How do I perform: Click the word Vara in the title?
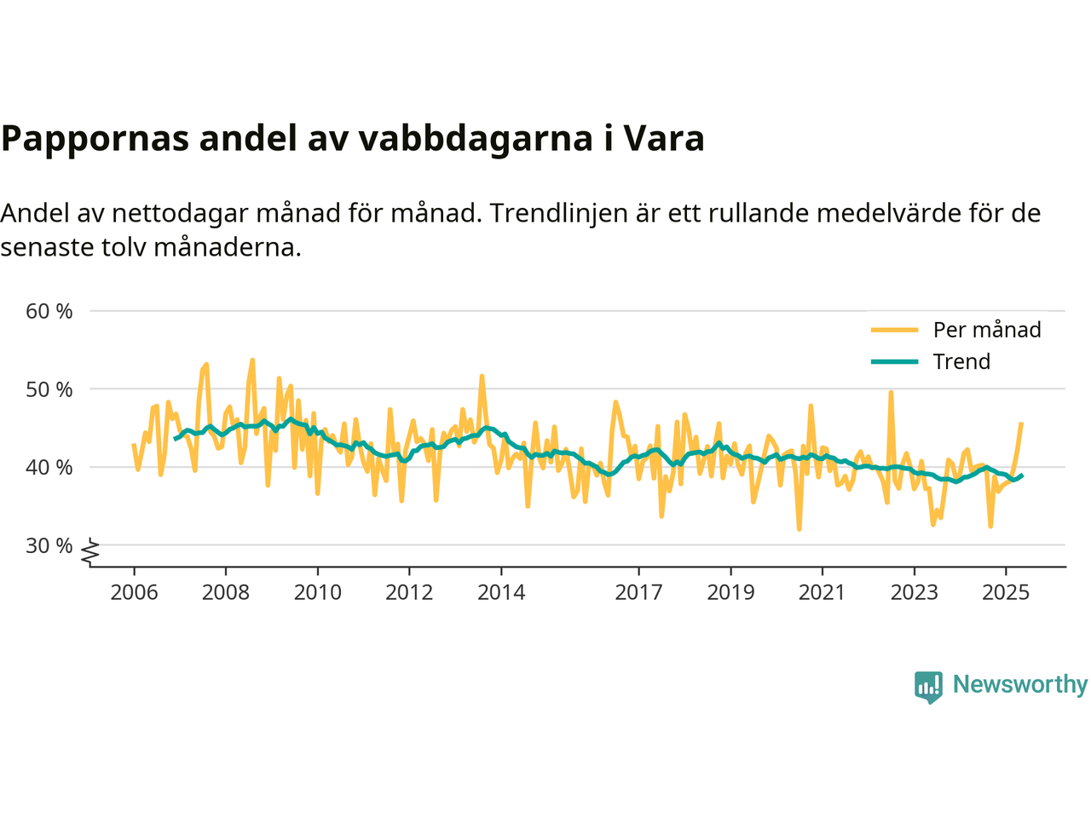click(x=664, y=138)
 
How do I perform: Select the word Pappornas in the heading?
click(x=95, y=138)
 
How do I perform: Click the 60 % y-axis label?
click(x=49, y=311)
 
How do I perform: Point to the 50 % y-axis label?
click(x=49, y=389)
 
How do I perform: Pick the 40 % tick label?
click(x=49, y=467)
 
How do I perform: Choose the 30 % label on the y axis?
click(x=49, y=545)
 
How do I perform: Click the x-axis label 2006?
click(x=134, y=592)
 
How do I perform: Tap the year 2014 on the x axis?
click(x=501, y=592)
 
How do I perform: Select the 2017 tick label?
click(x=638, y=592)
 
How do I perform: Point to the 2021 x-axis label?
click(x=822, y=592)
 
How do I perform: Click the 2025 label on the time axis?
click(x=1006, y=592)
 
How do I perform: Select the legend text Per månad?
click(x=987, y=330)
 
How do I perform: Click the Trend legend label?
click(x=961, y=361)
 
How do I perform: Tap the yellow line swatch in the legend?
click(x=894, y=330)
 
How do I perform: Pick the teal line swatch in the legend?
click(x=894, y=361)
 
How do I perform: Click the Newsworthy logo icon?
click(x=928, y=686)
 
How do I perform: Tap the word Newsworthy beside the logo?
click(x=1020, y=684)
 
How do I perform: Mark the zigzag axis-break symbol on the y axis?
click(x=90, y=552)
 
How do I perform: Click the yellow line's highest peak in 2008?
click(x=252, y=360)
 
